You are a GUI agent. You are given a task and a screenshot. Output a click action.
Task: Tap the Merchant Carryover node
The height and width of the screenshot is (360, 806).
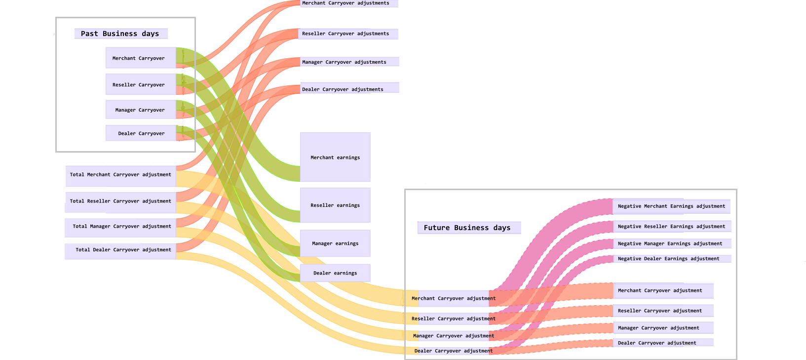coord(141,58)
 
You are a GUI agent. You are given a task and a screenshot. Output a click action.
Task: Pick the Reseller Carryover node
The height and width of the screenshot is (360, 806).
coord(141,84)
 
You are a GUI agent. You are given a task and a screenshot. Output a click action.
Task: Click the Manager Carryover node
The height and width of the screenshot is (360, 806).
coord(141,110)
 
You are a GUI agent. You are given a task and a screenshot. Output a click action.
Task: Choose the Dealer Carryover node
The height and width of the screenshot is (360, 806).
coord(141,133)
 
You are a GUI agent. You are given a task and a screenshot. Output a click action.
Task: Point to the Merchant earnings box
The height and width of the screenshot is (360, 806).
coord(335,157)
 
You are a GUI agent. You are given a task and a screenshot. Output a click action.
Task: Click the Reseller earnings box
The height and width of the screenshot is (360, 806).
coord(335,205)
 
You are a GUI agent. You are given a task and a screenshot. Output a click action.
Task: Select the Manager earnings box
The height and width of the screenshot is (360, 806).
coord(335,243)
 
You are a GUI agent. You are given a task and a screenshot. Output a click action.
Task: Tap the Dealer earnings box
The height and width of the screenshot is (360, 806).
coord(335,273)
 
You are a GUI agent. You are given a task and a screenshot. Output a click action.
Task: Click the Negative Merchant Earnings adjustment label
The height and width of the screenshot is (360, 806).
coord(671,206)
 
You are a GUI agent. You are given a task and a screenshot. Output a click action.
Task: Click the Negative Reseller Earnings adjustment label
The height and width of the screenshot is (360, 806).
coord(672,227)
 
